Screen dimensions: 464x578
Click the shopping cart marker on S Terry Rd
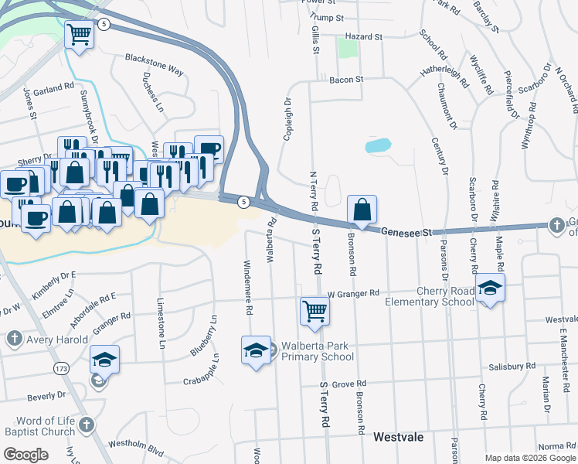click(314, 311)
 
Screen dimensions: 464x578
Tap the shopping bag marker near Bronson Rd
click(362, 209)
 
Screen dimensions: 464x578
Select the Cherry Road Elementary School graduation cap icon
click(490, 288)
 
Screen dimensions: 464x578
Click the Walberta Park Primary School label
click(317, 351)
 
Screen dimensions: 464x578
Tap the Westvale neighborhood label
click(398, 437)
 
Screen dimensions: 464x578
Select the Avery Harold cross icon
click(13, 338)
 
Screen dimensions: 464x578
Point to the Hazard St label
click(364, 36)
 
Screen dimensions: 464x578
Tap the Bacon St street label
click(345, 80)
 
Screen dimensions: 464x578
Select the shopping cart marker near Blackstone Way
click(79, 34)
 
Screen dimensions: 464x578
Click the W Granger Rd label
click(353, 294)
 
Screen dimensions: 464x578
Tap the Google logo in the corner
click(25, 454)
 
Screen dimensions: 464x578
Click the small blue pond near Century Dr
click(377, 145)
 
